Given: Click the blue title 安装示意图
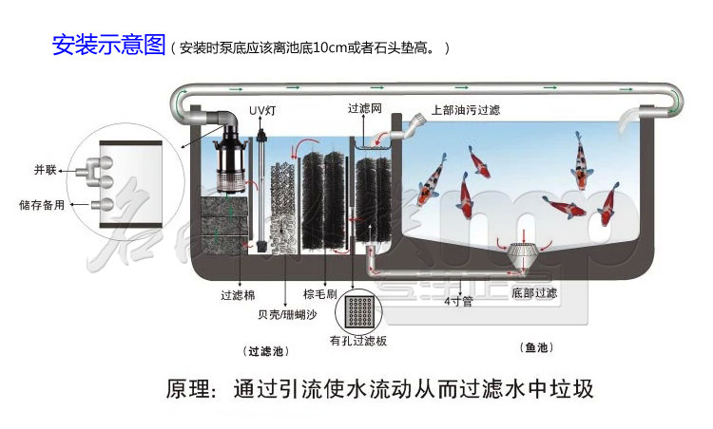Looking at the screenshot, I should point(108,46).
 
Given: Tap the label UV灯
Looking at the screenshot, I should point(262,111).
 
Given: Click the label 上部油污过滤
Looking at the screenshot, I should point(466,110).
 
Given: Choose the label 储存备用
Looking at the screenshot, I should point(42,204).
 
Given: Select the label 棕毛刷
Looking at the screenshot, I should point(318,295).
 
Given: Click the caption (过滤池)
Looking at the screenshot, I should point(265,350).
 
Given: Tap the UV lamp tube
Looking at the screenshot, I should point(262,180).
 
